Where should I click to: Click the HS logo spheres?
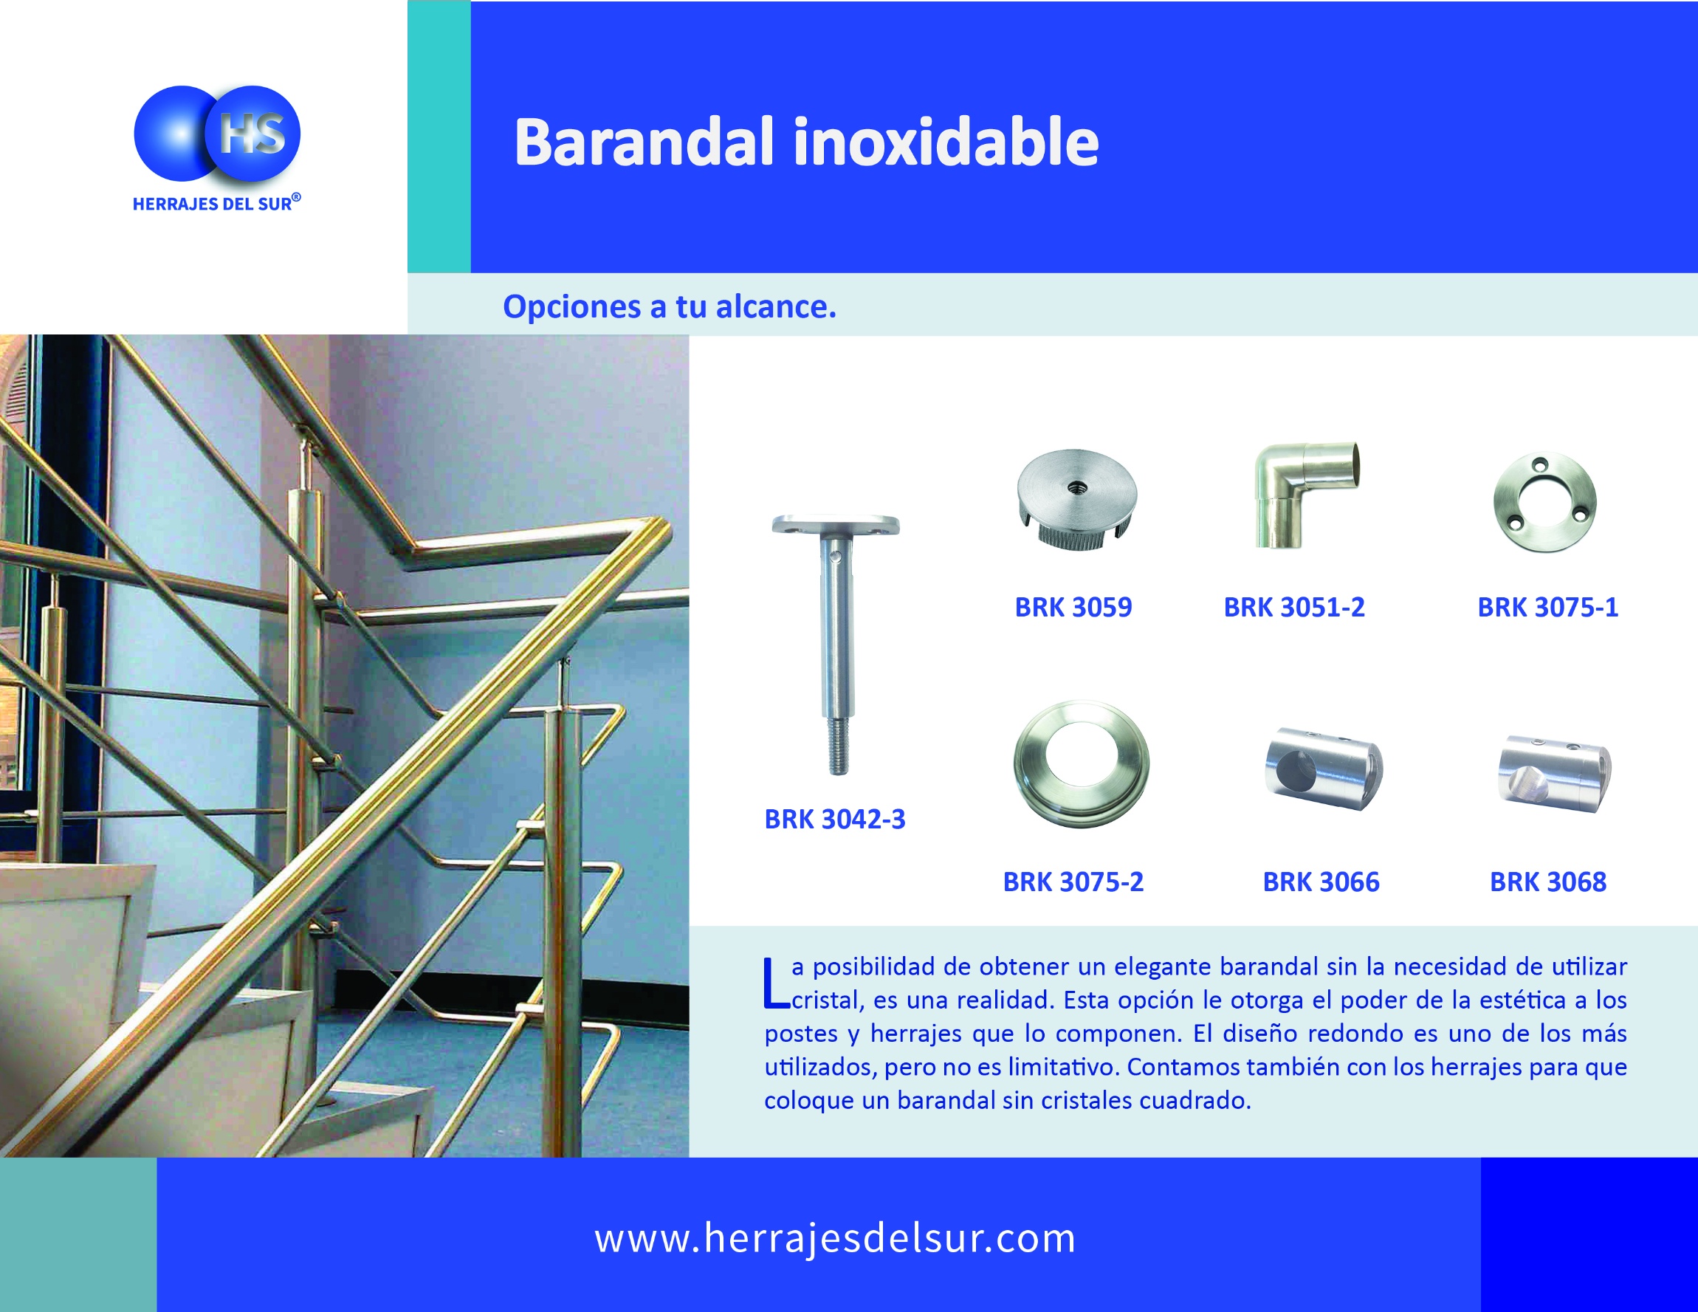pos(217,133)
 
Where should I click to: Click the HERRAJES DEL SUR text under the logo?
pos(213,205)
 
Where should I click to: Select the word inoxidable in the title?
pos(946,142)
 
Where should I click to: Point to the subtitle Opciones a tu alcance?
pos(670,307)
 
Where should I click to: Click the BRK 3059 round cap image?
pos(1077,499)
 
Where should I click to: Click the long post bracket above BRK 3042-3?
pos(836,644)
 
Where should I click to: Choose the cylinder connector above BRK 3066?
pos(1323,769)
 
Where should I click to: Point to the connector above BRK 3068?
pos(1555,773)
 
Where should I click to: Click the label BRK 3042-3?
pos(835,820)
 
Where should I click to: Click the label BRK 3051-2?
pos(1294,608)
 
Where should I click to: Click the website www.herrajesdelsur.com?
pos(835,1238)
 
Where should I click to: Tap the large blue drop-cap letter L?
pos(776,983)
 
